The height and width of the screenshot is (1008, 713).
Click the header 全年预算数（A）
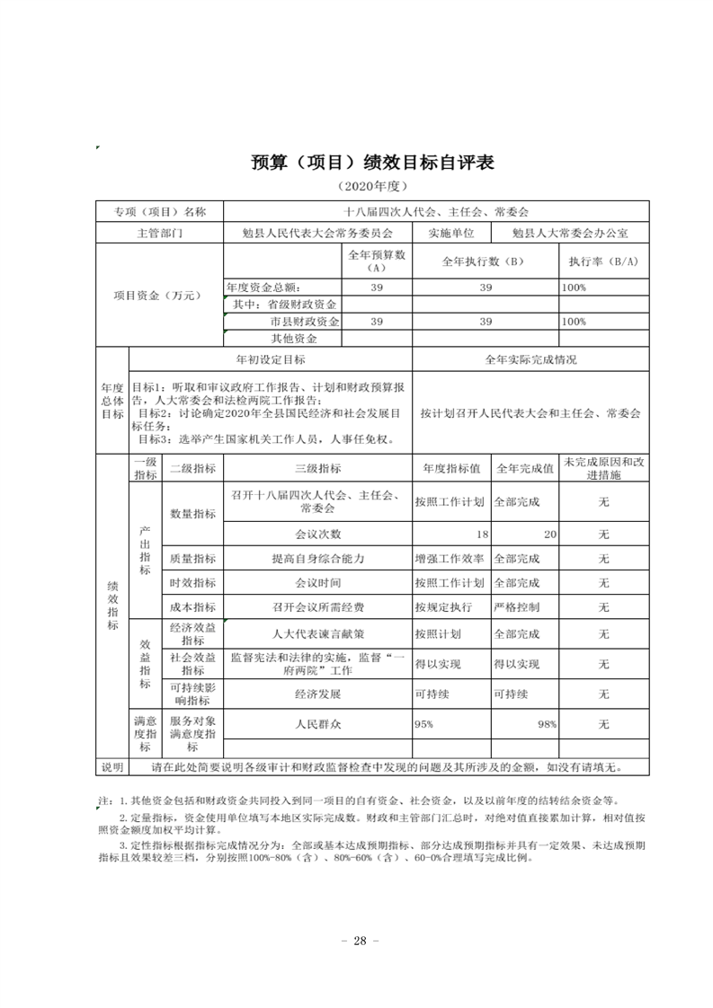[377, 261]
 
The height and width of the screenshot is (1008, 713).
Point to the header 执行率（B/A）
[602, 261]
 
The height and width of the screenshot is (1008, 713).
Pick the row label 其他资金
[294, 339]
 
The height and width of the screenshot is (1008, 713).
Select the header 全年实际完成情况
[530, 359]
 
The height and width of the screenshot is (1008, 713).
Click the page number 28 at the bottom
[356, 941]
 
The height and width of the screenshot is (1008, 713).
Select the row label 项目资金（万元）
[158, 296]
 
